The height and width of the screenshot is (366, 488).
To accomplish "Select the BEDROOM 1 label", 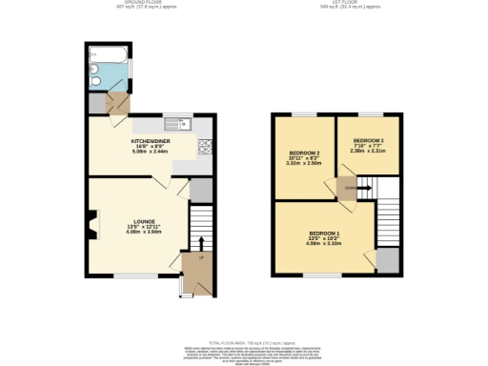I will tap(324, 233).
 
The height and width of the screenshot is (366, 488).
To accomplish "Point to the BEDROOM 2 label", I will tap(303, 152).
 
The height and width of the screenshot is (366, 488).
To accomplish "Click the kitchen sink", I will tap(178, 124).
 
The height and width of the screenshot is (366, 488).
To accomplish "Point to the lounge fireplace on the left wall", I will tap(91, 226).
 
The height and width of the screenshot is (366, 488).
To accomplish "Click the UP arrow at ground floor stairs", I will tap(201, 257).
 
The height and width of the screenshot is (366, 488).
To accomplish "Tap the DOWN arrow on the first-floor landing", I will tap(350, 189).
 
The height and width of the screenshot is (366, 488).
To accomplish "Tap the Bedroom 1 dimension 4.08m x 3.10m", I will tap(324, 244).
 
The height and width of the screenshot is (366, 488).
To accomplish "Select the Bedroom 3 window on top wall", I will tap(365, 115).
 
